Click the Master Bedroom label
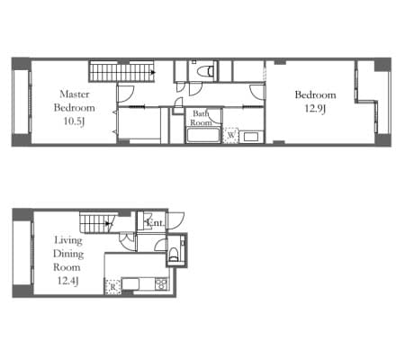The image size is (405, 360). [74, 101]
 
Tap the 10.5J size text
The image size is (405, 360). [74, 121]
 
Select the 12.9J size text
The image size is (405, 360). [315, 108]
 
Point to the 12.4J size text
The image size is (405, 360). [68, 281]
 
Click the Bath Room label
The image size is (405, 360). [201, 118]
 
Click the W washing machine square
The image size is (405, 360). [230, 135]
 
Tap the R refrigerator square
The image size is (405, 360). [112, 286]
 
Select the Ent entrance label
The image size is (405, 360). [155, 222]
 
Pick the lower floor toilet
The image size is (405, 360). [175, 255]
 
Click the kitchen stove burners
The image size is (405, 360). [161, 283]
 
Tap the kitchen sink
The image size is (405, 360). [130, 283]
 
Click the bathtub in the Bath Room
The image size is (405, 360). [203, 135]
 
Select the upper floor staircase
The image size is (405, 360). [121, 72]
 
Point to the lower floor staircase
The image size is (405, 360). [96, 222]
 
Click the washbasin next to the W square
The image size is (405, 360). [251, 137]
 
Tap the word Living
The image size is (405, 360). [68, 240]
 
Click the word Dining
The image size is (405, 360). [68, 254]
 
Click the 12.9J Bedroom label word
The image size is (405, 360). [315, 94]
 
